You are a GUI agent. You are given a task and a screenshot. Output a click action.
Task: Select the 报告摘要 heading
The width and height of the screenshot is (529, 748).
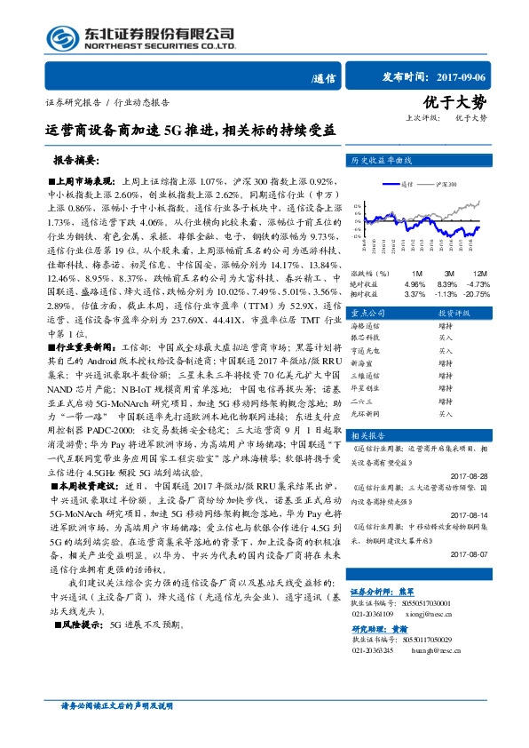pyautogui.click(x=75, y=161)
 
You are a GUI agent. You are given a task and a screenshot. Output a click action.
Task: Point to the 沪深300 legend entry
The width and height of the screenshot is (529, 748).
pyautogui.click(x=446, y=185)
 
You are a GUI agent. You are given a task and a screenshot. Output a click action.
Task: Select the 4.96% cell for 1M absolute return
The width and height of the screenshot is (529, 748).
pyautogui.click(x=415, y=283)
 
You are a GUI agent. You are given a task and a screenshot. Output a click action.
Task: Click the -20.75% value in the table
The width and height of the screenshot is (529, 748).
pyautogui.click(x=476, y=293)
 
